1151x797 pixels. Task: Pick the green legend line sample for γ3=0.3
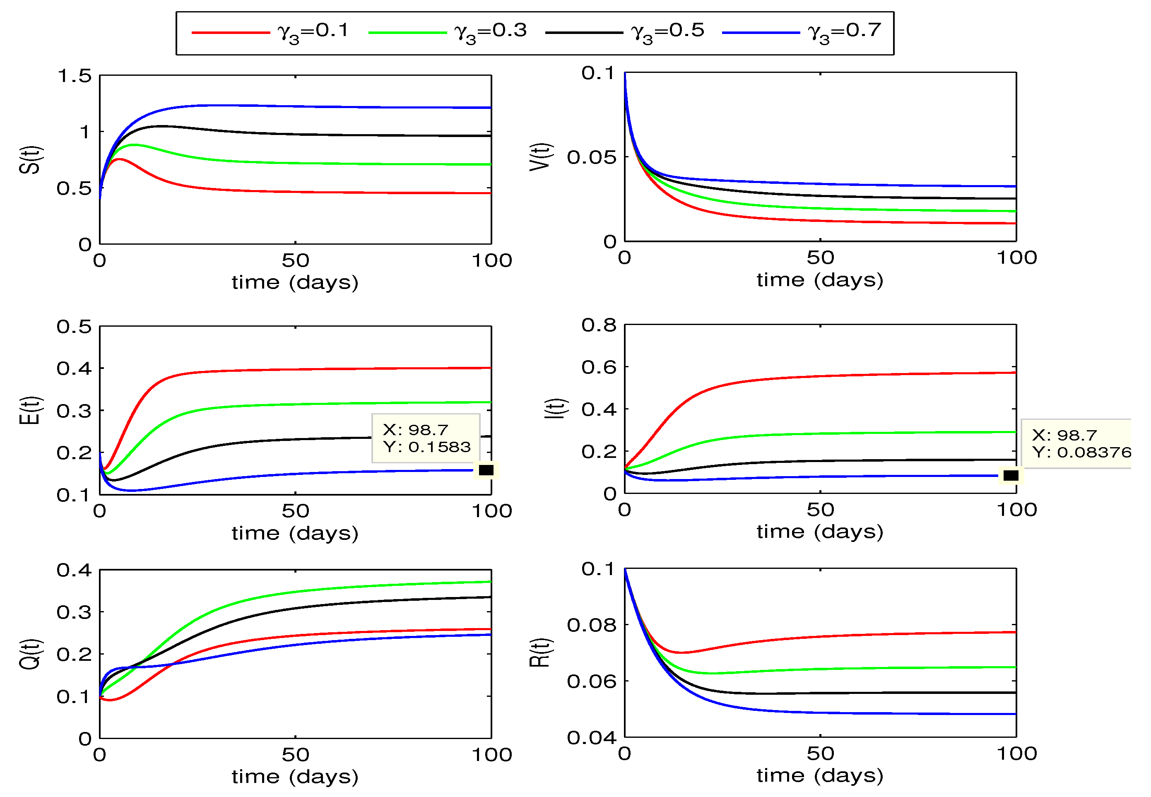(x=407, y=32)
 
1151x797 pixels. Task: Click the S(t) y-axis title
(x=31, y=160)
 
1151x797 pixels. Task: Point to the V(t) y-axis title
(x=541, y=157)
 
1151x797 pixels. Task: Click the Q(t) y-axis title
(x=31, y=654)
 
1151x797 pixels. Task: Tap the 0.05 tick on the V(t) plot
(x=592, y=157)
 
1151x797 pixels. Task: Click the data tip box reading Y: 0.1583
(x=426, y=438)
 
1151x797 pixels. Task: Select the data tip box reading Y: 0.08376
(x=1076, y=443)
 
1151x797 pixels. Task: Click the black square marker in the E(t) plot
(x=486, y=470)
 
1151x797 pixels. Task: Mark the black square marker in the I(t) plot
(x=1011, y=475)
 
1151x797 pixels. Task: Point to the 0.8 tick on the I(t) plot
(x=599, y=325)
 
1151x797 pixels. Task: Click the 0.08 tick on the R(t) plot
(x=592, y=625)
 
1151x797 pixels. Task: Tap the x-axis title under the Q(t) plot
(x=295, y=777)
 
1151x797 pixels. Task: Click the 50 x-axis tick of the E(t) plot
(x=295, y=511)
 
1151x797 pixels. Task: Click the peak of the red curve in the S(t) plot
(x=119, y=159)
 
